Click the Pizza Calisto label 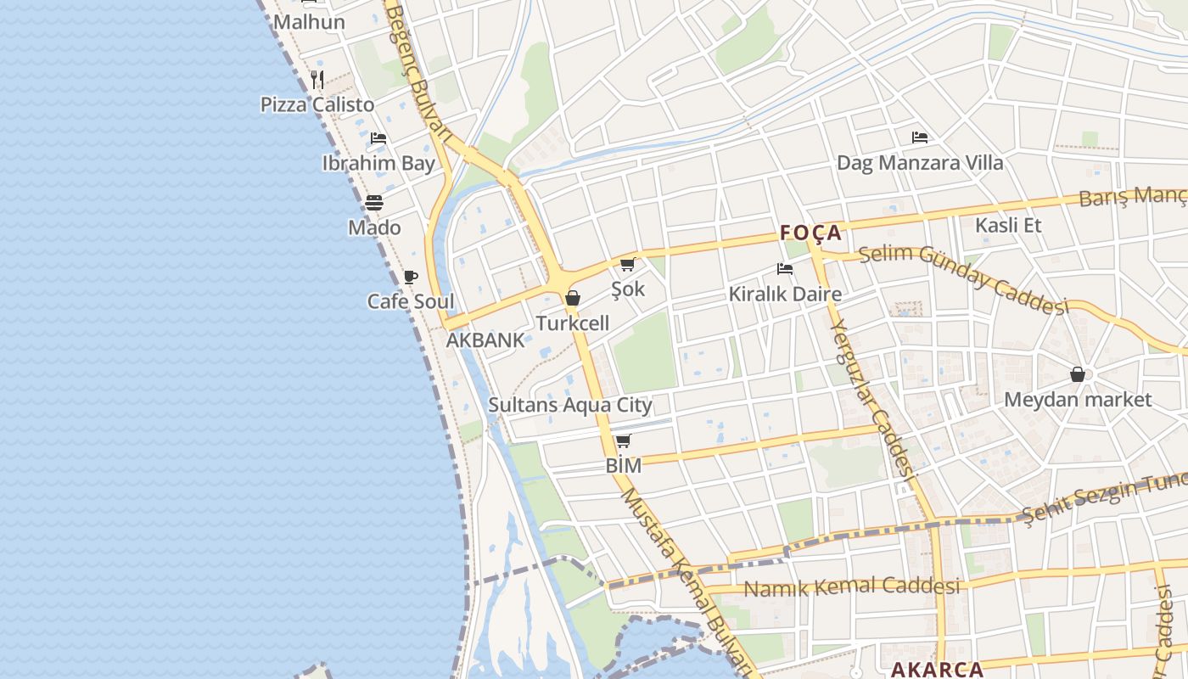click(317, 104)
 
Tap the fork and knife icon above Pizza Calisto click(317, 81)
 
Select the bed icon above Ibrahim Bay click(378, 137)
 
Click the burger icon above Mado click(374, 203)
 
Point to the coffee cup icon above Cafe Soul click(411, 277)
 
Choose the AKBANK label click(485, 340)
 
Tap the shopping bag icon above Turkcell click(573, 298)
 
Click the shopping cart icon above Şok click(628, 265)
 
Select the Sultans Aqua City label click(570, 405)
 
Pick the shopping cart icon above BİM click(624, 441)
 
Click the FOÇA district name click(810, 233)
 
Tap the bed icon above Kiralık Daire click(785, 270)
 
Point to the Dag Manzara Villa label click(920, 162)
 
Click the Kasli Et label click(1008, 225)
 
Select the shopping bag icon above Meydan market click(1078, 374)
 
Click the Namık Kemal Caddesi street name click(851, 586)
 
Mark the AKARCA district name click(937, 669)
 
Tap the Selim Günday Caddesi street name click(962, 277)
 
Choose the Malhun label click(309, 22)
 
